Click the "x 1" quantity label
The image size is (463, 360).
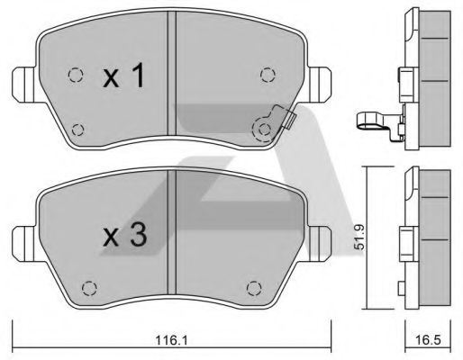tap(125, 79)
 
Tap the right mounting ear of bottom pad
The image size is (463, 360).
tap(322, 241)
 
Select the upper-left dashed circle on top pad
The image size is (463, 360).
tap(75, 75)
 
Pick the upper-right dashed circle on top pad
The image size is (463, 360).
tap(265, 75)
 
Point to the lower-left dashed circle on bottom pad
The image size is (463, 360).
tap(89, 287)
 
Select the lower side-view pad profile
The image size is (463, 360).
tap(423, 238)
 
